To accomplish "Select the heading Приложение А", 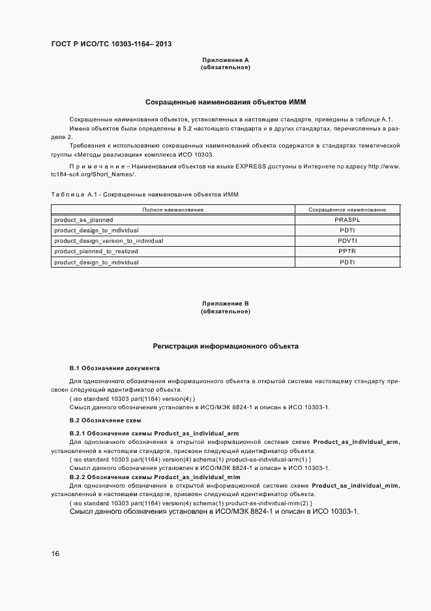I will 226,60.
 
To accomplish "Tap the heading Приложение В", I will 226,304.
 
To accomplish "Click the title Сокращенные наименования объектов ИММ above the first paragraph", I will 226,102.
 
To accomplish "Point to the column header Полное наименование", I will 173,210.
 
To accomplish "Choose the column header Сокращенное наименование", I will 346,210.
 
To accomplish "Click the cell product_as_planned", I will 83,220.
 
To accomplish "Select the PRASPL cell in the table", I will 346,220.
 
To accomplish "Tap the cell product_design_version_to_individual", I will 108,241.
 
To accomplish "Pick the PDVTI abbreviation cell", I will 346,241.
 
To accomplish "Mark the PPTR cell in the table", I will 346,251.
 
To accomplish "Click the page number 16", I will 55,554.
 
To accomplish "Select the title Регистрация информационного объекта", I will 226,347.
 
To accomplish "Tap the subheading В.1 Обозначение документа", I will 114,368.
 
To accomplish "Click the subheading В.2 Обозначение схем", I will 105,420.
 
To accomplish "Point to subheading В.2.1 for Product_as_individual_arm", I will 154,433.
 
